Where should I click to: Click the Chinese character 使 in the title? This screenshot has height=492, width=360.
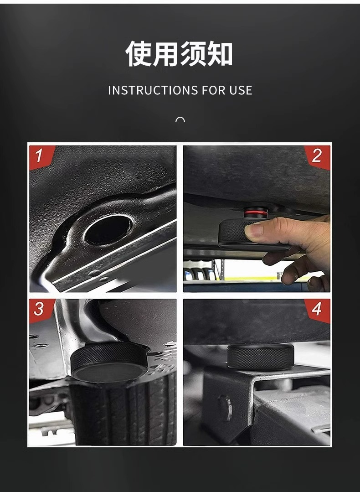139,53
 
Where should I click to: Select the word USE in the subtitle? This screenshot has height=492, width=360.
241,90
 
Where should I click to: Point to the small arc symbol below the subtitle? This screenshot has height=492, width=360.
180,119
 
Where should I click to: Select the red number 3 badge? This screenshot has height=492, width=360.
41,310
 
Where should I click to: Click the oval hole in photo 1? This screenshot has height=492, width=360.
108,230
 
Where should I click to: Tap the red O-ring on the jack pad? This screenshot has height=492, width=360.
256,213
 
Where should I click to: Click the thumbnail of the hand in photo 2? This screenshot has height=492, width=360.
253,230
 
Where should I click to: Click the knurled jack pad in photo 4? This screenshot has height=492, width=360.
261,357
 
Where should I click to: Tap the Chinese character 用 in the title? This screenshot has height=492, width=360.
165,53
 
